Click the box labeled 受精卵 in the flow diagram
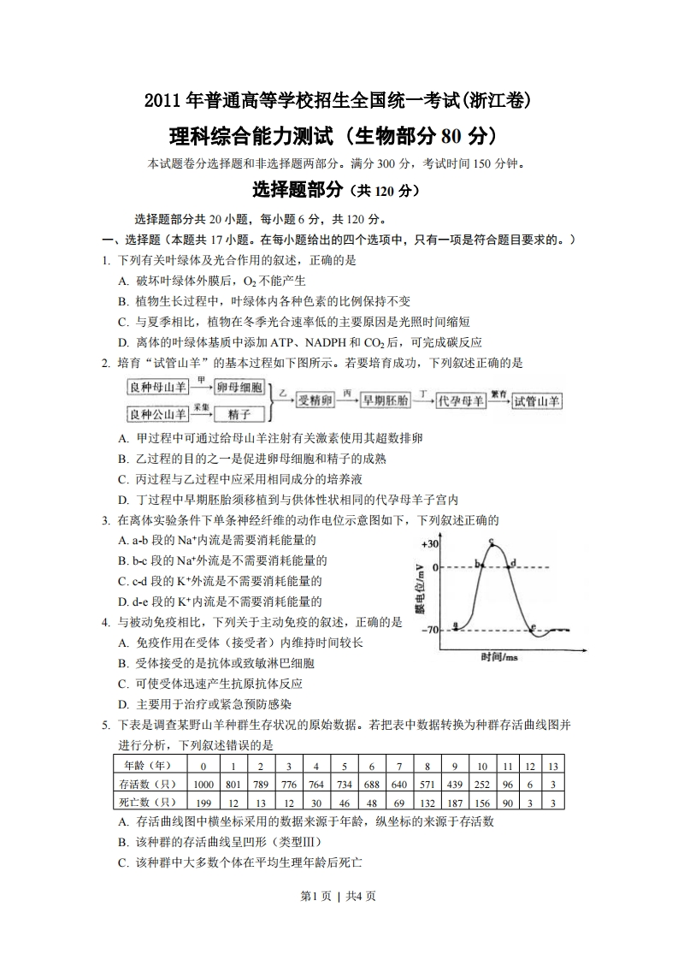click(x=313, y=400)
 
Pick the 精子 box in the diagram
click(x=239, y=414)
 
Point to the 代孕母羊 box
click(x=459, y=400)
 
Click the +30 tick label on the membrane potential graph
click(x=429, y=544)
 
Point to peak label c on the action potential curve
click(x=492, y=541)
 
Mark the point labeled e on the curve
click(x=534, y=628)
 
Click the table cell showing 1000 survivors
click(x=203, y=784)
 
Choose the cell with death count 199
click(x=203, y=802)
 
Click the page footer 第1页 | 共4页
click(x=339, y=896)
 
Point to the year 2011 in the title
click(x=163, y=101)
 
